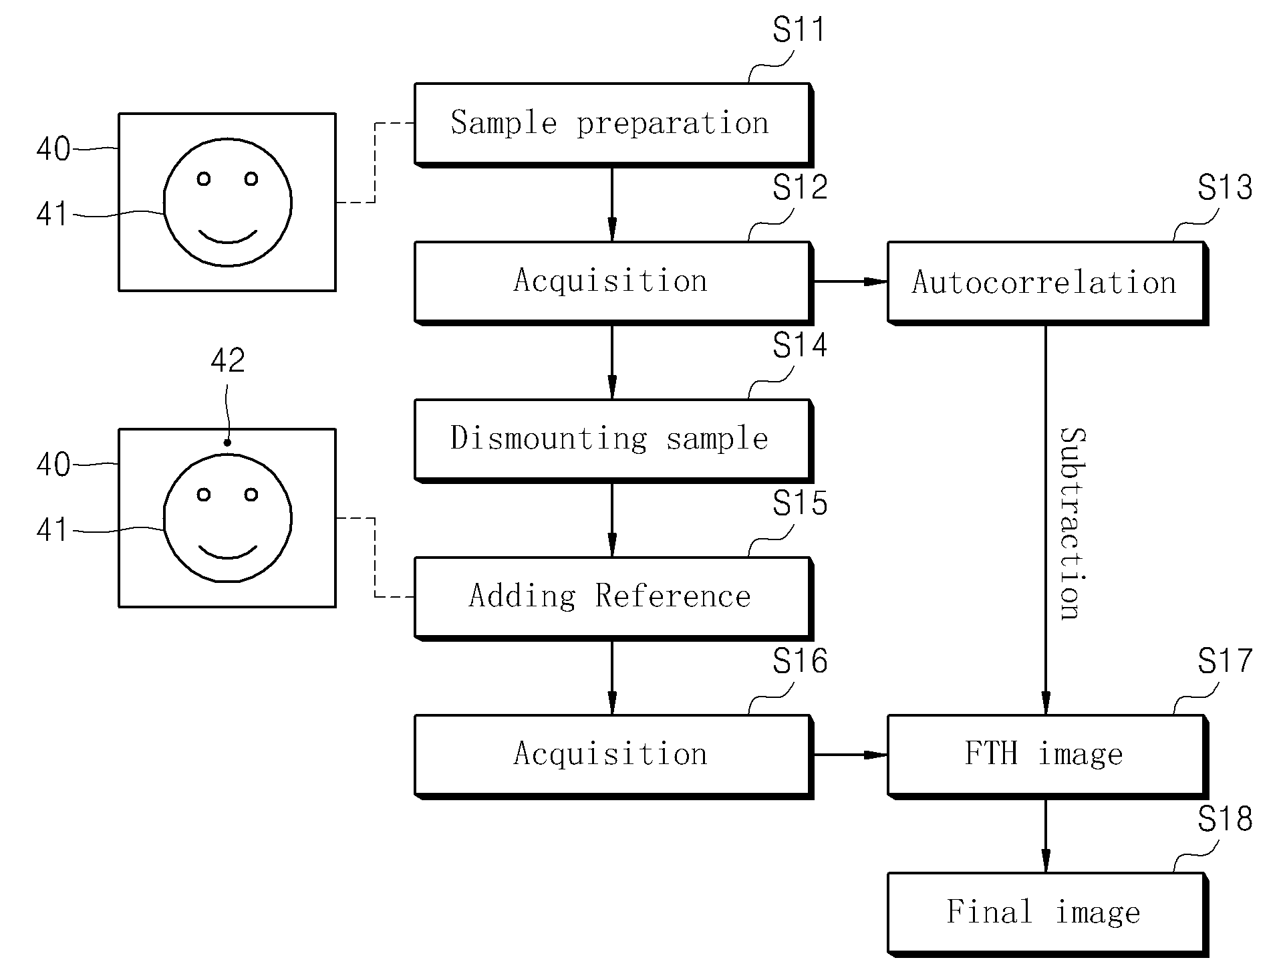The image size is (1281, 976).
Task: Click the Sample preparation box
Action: (613, 124)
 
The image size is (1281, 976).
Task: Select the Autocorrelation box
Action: (1047, 283)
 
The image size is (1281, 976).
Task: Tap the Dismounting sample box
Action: (613, 441)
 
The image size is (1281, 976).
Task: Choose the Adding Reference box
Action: (613, 598)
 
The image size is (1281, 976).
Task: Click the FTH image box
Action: (1047, 756)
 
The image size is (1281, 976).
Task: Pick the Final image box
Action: (1047, 914)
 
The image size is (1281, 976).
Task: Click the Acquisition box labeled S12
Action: (613, 283)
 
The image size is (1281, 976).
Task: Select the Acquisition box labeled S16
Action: (613, 756)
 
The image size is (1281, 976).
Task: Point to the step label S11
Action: (799, 29)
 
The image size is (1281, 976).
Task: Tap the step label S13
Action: (1224, 188)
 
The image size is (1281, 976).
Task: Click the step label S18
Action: (1224, 819)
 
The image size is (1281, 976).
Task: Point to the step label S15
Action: (800, 503)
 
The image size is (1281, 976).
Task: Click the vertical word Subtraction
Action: (1073, 523)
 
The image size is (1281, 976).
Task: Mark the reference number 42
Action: (228, 361)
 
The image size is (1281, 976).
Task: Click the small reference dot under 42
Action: (227, 442)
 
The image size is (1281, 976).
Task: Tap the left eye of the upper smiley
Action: (204, 179)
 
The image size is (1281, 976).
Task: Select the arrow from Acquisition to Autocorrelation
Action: (850, 282)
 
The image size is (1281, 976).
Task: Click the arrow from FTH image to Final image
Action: (1046, 836)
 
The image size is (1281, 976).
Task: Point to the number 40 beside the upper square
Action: (53, 149)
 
